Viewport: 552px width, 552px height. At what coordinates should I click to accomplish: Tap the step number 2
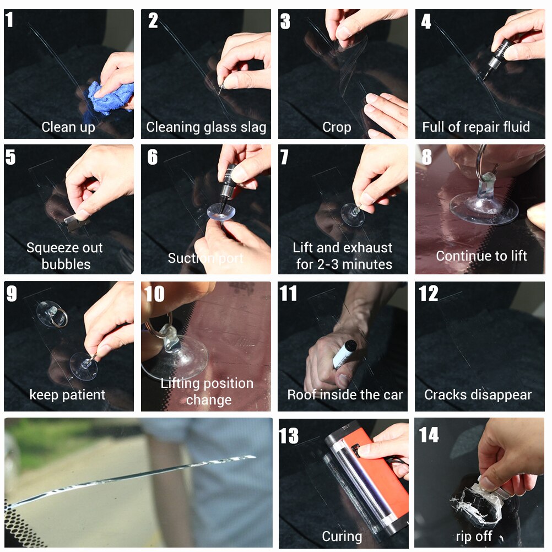point(153,21)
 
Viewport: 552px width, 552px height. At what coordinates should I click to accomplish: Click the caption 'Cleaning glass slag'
point(206,127)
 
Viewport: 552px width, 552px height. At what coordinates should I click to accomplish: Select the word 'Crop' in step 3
point(337,127)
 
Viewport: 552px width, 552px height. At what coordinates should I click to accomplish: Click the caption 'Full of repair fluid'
point(476,127)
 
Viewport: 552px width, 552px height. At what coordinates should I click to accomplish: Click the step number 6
point(152,158)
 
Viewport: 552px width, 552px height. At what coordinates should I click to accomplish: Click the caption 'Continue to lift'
point(481,256)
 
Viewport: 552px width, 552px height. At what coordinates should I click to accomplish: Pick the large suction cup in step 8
point(484,207)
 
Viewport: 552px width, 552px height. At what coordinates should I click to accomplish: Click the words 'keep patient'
point(67,395)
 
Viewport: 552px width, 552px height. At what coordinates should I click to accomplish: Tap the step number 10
point(154,294)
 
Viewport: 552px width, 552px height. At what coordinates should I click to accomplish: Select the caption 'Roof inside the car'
point(345,395)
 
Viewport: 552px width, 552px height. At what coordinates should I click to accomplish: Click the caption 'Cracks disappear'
point(478,395)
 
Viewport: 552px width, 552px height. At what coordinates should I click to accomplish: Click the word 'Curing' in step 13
point(342,536)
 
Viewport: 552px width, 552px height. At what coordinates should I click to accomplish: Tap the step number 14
point(429,435)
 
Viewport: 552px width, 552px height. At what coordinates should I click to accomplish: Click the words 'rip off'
point(474,536)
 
